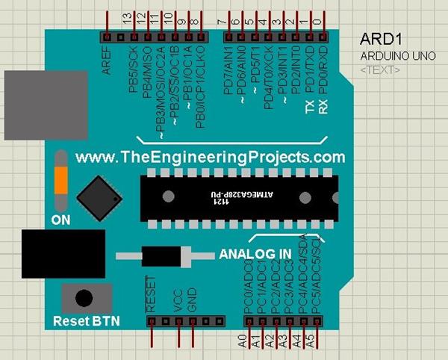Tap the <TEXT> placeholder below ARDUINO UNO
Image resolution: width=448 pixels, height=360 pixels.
[x=379, y=69]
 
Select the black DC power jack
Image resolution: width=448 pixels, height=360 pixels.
[x=52, y=254]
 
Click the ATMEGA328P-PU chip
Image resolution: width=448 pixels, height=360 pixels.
[x=240, y=198]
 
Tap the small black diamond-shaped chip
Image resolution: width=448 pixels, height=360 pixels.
[x=100, y=197]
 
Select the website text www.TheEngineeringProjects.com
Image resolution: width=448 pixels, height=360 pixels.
[x=210, y=157]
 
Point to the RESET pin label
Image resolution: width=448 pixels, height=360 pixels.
[x=152, y=297]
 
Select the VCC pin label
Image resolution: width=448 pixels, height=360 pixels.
[x=178, y=300]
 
